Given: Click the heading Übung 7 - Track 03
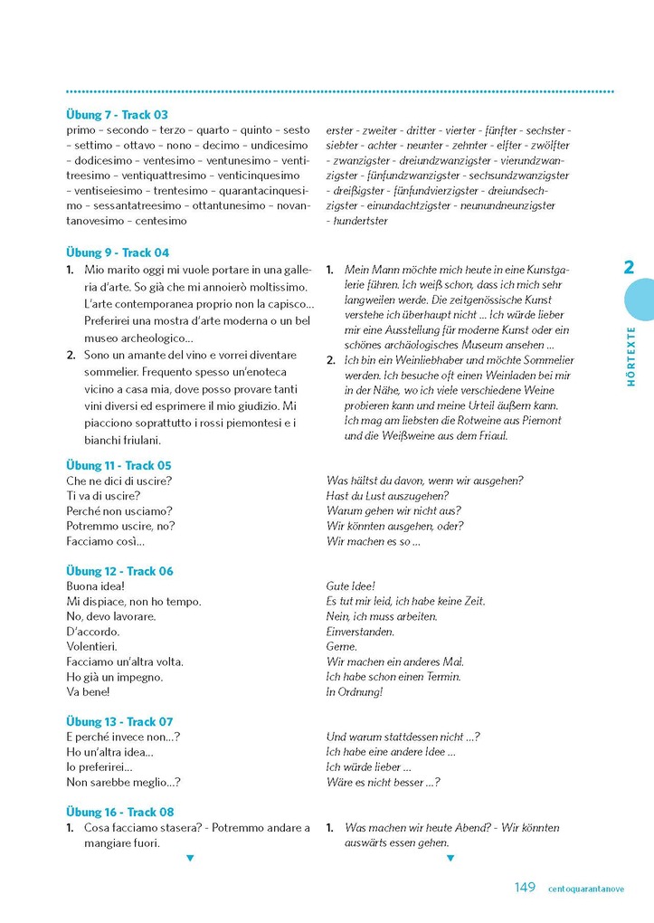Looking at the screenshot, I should [x=118, y=115].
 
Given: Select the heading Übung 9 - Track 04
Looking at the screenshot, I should [x=118, y=252].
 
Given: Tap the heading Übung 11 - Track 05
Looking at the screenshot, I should [x=118, y=465].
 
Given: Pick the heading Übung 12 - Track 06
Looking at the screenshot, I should [x=119, y=571].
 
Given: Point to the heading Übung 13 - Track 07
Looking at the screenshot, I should [x=119, y=721].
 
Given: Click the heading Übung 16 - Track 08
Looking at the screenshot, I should [x=120, y=812].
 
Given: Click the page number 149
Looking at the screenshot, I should [x=525, y=888].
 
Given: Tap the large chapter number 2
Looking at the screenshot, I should [x=630, y=267].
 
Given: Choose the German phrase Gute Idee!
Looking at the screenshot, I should [x=351, y=586].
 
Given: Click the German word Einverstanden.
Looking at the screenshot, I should [x=360, y=632].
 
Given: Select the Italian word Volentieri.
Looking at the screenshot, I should [x=95, y=646].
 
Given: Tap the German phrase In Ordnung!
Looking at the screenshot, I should [x=355, y=691].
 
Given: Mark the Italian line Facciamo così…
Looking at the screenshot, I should [x=106, y=541].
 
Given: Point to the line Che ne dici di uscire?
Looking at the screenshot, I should [x=119, y=481].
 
